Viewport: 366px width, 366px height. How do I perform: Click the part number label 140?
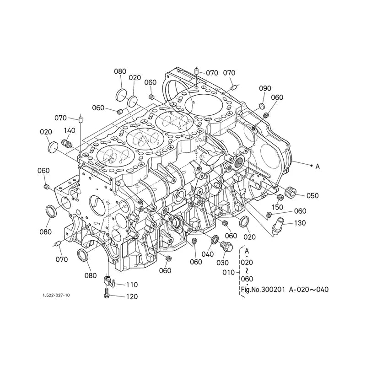70,130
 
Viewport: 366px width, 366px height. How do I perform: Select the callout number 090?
265,88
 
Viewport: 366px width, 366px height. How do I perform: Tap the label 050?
312,195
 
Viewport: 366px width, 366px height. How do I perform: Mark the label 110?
132,285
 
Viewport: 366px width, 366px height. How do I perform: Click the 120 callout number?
131,296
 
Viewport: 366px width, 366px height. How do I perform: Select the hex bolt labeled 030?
225,248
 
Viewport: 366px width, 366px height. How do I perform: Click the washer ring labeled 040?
214,240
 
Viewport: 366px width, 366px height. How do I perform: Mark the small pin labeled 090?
262,106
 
